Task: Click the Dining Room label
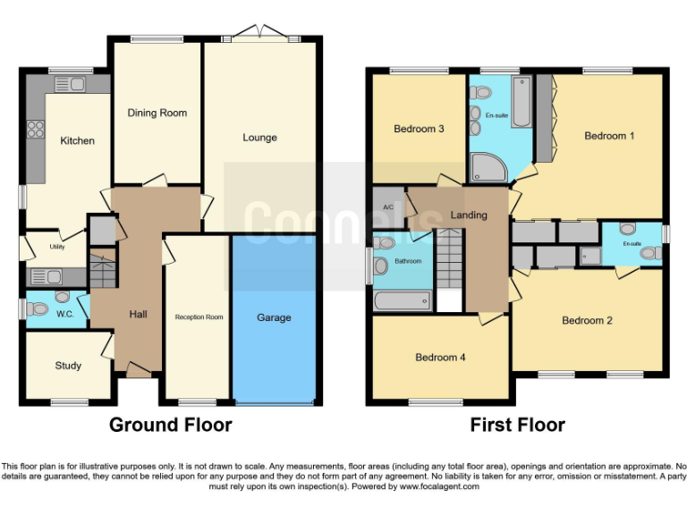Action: pyautogui.click(x=157, y=113)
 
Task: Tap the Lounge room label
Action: pyautogui.click(x=259, y=138)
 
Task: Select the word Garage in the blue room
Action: pyautogui.click(x=274, y=317)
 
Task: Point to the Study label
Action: pyautogui.click(x=68, y=366)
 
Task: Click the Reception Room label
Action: pyautogui.click(x=199, y=317)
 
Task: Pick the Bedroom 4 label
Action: pyautogui.click(x=440, y=358)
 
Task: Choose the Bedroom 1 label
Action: pyautogui.click(x=609, y=136)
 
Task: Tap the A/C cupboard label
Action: pyautogui.click(x=388, y=207)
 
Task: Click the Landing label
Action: pyautogui.click(x=469, y=215)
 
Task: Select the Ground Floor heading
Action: pyautogui.click(x=170, y=425)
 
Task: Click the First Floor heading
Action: pyautogui.click(x=517, y=425)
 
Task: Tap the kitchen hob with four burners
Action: pyautogui.click(x=37, y=129)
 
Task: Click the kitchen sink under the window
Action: pyautogui.click(x=70, y=85)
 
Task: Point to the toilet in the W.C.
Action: pyautogui.click(x=38, y=309)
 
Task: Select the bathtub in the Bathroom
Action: pyautogui.click(x=402, y=300)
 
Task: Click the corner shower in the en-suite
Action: pyautogui.click(x=489, y=166)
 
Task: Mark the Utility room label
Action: pyautogui.click(x=57, y=246)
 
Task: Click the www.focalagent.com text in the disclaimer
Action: pyautogui.click(x=439, y=486)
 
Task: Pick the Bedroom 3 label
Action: pyautogui.click(x=419, y=129)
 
